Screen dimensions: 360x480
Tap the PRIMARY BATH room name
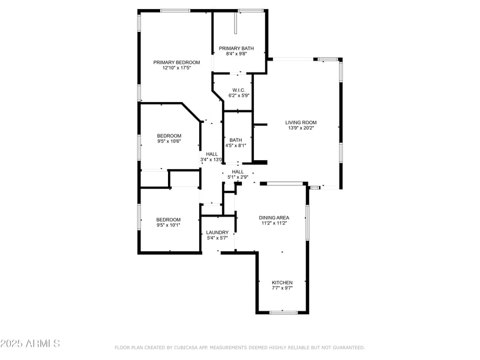pyautogui.click(x=236, y=49)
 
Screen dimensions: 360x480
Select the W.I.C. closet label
pyautogui.click(x=238, y=90)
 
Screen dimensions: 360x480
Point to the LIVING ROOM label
pyautogui.click(x=301, y=122)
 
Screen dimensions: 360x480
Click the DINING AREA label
pyautogui.click(x=274, y=218)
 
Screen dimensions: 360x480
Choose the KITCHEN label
pyautogui.click(x=282, y=283)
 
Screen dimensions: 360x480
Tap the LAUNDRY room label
pyautogui.click(x=217, y=232)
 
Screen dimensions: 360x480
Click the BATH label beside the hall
pyautogui.click(x=235, y=140)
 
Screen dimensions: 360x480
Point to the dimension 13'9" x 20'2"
pyautogui.click(x=301, y=128)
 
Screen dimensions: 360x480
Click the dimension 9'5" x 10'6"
pyautogui.click(x=169, y=142)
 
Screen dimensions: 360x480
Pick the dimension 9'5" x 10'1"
pyautogui.click(x=168, y=226)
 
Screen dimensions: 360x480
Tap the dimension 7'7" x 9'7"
pyautogui.click(x=282, y=289)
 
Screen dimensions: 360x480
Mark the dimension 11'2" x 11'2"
pyautogui.click(x=274, y=223)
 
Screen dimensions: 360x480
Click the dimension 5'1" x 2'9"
pyautogui.click(x=238, y=177)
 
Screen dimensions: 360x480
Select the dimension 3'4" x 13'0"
pyautogui.click(x=211, y=160)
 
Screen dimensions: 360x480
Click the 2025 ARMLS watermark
pyautogui.click(x=30, y=344)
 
